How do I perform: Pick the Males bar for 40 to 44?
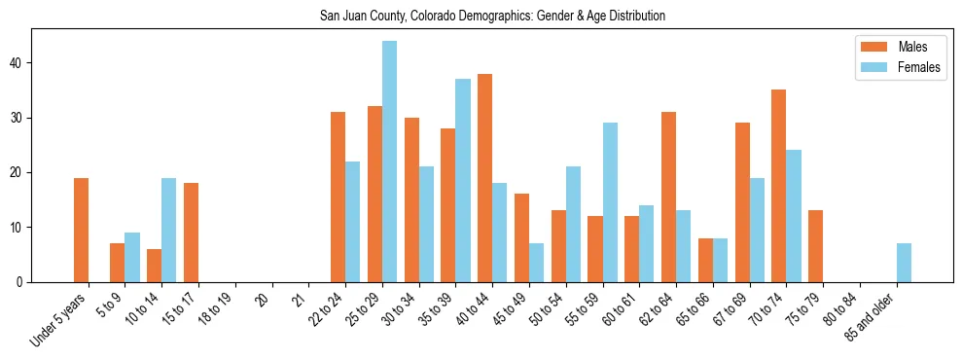(x=484, y=178)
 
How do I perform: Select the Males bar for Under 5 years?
(x=82, y=230)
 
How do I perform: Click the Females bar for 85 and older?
(x=904, y=263)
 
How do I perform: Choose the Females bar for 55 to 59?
(x=610, y=202)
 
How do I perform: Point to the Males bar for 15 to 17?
(x=191, y=233)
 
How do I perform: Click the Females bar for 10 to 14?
(x=169, y=230)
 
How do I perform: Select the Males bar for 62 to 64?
(x=668, y=198)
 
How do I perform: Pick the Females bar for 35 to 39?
(x=463, y=181)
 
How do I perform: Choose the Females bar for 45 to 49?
(x=536, y=263)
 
